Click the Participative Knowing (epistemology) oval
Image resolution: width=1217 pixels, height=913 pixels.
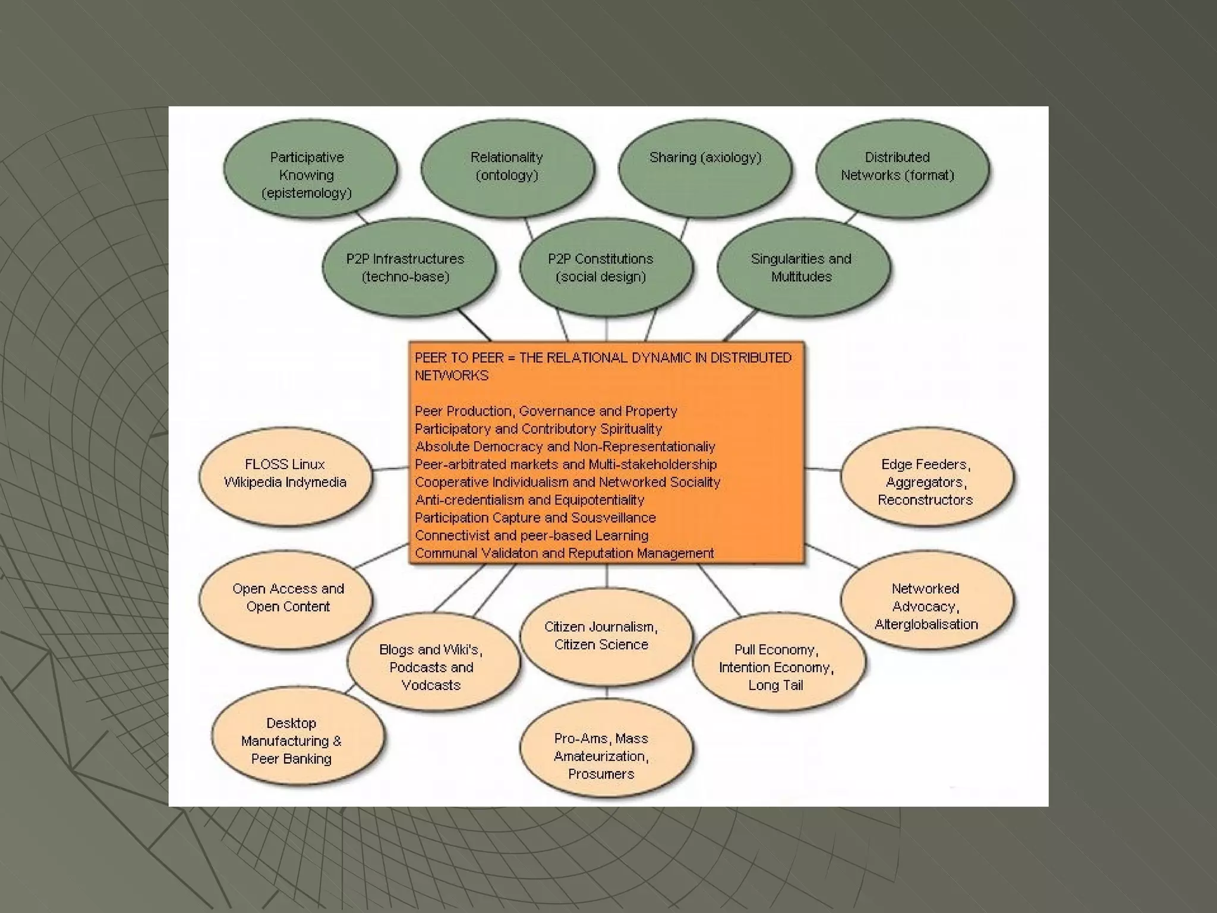(309, 171)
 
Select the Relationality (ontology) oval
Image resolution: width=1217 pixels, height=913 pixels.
(507, 168)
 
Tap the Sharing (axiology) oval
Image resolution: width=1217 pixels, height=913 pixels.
(705, 168)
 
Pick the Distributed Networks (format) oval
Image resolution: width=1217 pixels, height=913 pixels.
(901, 168)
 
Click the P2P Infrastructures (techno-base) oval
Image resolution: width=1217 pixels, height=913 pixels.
(408, 267)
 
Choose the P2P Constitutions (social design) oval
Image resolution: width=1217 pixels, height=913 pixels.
(606, 267)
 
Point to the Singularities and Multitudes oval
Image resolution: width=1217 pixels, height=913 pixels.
(803, 267)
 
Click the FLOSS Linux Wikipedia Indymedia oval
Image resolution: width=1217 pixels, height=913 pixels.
(285, 476)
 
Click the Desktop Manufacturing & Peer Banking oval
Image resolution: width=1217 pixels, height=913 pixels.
(297, 737)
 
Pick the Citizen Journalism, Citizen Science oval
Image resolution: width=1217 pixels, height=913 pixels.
(606, 636)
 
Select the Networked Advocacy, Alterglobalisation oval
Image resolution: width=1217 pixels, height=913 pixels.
(926, 600)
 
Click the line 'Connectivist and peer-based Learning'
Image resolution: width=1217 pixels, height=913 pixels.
(531, 536)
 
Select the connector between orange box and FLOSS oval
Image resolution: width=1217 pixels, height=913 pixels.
(390, 469)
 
